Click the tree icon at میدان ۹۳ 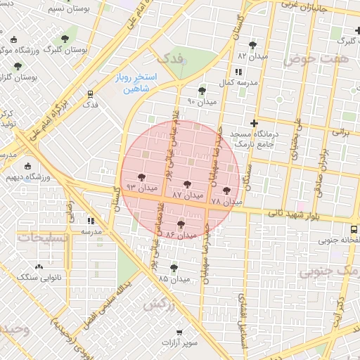(141, 177)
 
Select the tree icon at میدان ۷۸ (226, 190)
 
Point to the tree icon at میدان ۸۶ (181, 224)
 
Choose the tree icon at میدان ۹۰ (202, 91)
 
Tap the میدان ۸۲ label (252, 55)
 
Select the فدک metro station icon (90, 93)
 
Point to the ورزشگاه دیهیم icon (27, 167)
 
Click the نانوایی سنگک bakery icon (39, 266)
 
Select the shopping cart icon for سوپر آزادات (180, 331)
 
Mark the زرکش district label (158, 304)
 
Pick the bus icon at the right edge (354, 229)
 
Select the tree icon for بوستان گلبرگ (65, 39)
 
